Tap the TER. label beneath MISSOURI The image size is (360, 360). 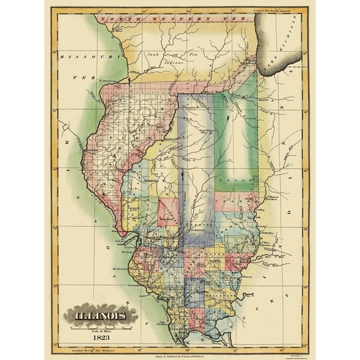pyautogui.click(x=81, y=77)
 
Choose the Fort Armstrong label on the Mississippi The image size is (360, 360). pyautogui.click(x=107, y=80)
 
